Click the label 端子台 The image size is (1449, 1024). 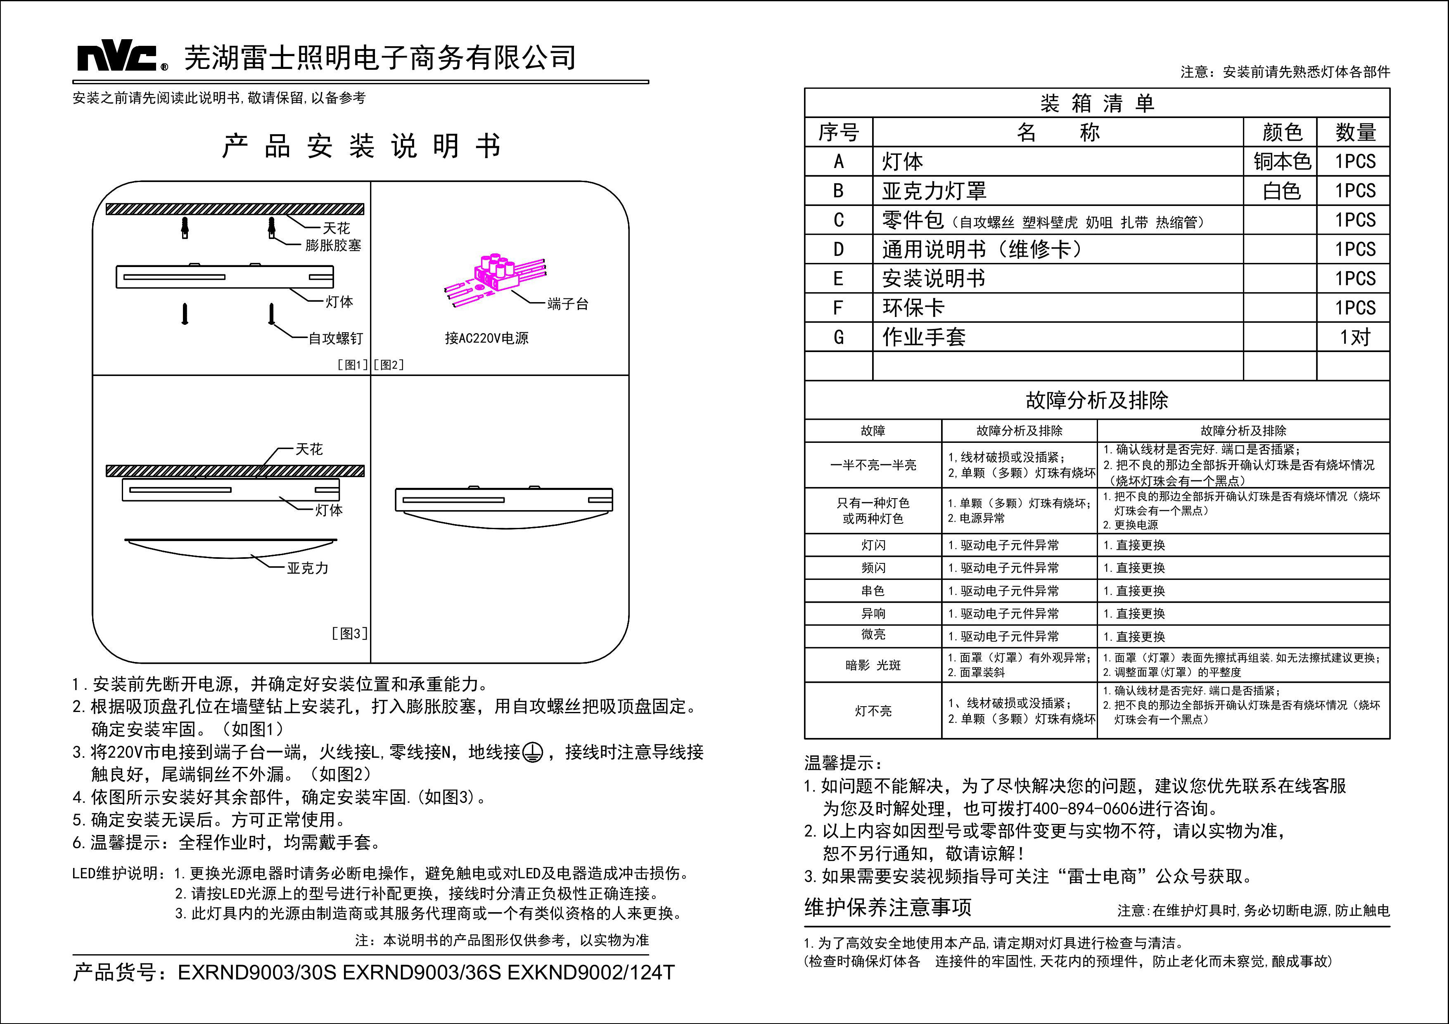click(x=567, y=304)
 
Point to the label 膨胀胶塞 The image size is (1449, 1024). click(x=333, y=246)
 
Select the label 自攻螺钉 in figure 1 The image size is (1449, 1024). click(x=335, y=339)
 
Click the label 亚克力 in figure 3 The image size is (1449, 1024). click(x=307, y=568)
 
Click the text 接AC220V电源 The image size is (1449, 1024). click(x=486, y=338)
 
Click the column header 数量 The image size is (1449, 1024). click(x=1354, y=132)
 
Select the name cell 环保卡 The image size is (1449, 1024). click(x=913, y=308)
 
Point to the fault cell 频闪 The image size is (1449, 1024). click(x=873, y=568)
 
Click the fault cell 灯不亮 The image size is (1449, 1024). click(x=873, y=711)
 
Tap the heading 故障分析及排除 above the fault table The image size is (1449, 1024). click(x=1097, y=400)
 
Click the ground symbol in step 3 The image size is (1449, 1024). click(x=533, y=753)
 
